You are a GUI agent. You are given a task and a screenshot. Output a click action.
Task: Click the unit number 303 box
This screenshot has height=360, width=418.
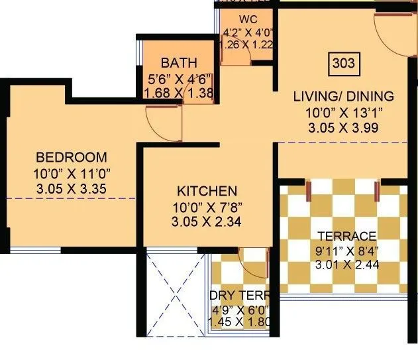click(x=342, y=64)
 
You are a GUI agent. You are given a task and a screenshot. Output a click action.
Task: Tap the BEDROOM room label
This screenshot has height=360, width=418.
click(x=71, y=157)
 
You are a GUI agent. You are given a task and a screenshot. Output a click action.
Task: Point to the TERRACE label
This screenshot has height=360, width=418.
click(x=346, y=235)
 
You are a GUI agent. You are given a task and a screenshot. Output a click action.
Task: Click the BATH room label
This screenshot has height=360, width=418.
click(x=179, y=64)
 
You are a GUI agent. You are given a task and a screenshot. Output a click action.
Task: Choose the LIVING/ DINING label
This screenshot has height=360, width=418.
click(x=343, y=97)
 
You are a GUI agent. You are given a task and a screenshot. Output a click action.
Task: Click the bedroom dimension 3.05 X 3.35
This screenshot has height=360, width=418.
click(x=72, y=189)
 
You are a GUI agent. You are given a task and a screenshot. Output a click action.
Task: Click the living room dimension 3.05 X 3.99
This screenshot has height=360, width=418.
click(x=343, y=129)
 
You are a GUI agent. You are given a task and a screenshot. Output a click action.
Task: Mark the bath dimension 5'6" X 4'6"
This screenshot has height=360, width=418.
click(x=179, y=79)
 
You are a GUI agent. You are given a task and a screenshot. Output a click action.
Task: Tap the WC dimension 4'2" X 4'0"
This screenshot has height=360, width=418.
click(x=248, y=31)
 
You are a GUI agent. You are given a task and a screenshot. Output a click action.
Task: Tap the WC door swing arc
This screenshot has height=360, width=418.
click(x=238, y=56)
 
